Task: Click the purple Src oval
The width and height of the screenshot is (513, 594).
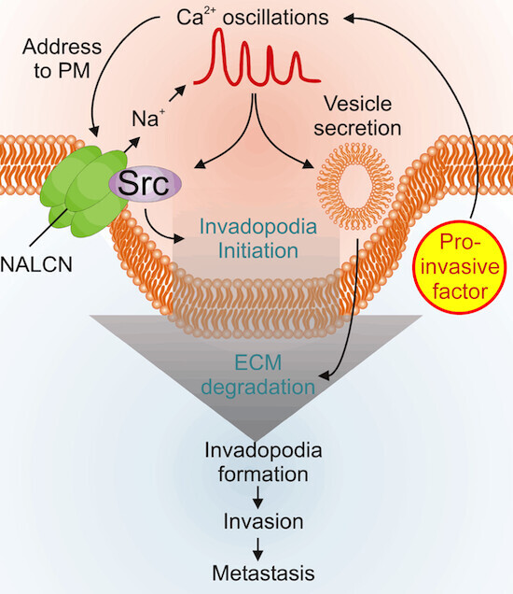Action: pos(145,184)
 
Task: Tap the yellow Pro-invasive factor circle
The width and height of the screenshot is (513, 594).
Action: pos(460,267)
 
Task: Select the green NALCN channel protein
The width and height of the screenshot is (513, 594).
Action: pos(84,191)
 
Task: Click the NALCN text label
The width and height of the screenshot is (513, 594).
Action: pos(36,264)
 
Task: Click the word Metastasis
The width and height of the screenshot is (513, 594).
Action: pos(263,573)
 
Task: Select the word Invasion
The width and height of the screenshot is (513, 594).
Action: pos(263,521)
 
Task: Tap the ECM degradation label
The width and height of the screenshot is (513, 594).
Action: pos(258,375)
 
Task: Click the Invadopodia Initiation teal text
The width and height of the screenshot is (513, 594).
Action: pos(258,239)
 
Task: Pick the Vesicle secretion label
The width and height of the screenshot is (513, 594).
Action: pos(357,116)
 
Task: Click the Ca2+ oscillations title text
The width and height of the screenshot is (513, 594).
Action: pos(253,18)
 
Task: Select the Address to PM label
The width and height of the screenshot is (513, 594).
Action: pos(62,58)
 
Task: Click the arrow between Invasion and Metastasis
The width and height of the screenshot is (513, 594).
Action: pos(258,549)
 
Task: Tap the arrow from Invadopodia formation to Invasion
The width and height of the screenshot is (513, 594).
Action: pos(258,497)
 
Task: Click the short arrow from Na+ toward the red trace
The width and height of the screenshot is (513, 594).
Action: pos(177,93)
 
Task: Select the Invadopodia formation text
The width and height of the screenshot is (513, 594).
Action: pos(263,461)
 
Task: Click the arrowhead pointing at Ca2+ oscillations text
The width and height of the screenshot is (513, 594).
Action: pos(349,18)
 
